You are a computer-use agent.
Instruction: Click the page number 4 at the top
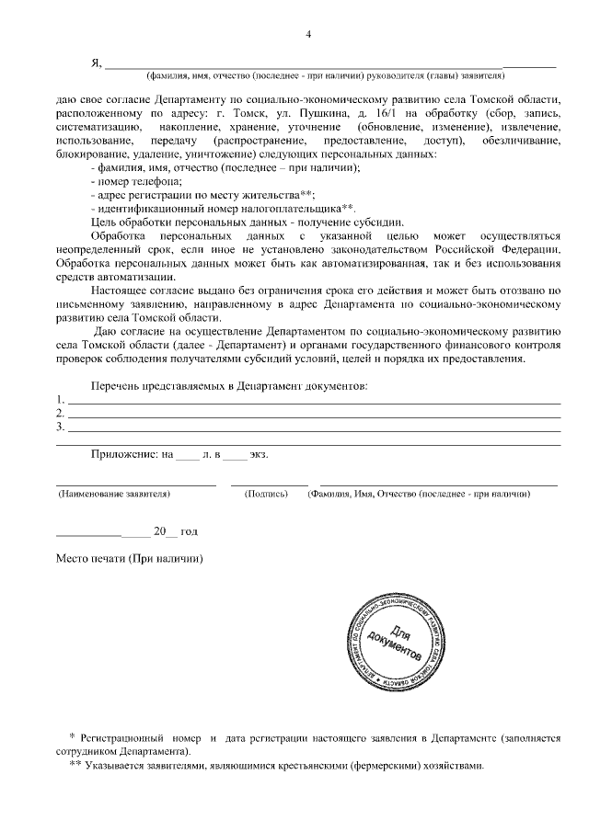click(x=308, y=35)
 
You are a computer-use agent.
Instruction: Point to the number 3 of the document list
click(x=60, y=427)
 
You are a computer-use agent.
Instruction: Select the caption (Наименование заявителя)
click(x=116, y=494)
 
